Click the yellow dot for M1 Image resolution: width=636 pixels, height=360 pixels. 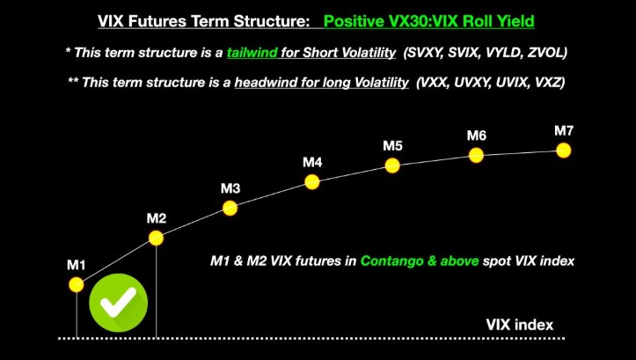click(77, 284)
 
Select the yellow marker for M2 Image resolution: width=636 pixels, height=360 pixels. click(156, 238)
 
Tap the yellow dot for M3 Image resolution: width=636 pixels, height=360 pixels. click(230, 209)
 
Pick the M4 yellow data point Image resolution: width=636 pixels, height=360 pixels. click(311, 182)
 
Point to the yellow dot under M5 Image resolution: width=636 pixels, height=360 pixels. click(392, 165)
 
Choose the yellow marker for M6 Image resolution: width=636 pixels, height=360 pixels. click(476, 155)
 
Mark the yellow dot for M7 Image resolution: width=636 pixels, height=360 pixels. click(564, 151)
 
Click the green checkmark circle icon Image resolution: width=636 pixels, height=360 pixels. click(118, 304)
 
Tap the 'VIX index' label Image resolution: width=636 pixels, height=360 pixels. click(520, 324)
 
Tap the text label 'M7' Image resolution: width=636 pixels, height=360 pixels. click(564, 131)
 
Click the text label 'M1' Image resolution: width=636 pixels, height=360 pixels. click(77, 264)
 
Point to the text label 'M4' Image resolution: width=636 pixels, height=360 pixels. click(312, 163)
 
